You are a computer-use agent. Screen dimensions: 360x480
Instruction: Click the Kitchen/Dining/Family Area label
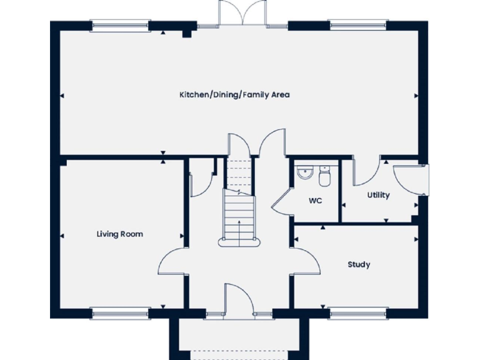pyautogui.click(x=234, y=95)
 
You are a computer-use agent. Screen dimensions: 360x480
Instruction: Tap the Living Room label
pyautogui.click(x=119, y=234)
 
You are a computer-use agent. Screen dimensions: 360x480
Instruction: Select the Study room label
pyautogui.click(x=359, y=264)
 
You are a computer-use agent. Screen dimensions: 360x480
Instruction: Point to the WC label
pyautogui.click(x=316, y=201)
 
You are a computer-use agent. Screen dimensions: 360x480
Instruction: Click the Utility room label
pyautogui.click(x=378, y=195)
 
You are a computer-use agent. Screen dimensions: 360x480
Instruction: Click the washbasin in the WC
pyautogui.click(x=304, y=172)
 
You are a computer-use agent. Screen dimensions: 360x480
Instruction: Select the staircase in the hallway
pyautogui.click(x=239, y=206)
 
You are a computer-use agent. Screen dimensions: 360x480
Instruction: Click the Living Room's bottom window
pyautogui.click(x=120, y=309)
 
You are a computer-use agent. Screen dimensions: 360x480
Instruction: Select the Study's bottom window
pyautogui.click(x=359, y=309)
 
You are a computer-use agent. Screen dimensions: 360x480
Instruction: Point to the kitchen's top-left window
pyautogui.click(x=120, y=26)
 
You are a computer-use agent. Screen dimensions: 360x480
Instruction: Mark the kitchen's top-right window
pyautogui.click(x=359, y=26)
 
